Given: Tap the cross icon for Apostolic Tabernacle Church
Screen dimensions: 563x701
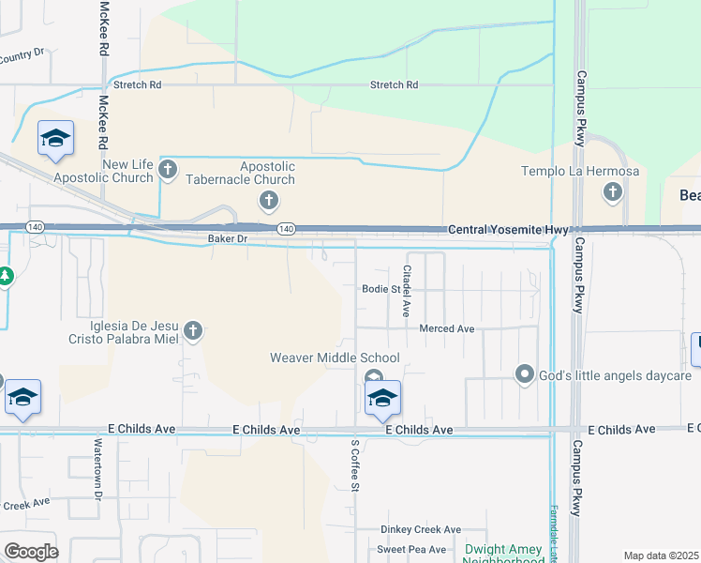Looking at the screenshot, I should [x=268, y=200].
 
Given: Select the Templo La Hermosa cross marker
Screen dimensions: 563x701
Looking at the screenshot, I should [x=613, y=193].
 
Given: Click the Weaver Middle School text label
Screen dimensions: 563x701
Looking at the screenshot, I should [x=335, y=358].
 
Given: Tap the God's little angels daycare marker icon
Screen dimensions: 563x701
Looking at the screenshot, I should [x=525, y=375].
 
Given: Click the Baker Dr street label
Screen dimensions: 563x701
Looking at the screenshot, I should [x=227, y=239].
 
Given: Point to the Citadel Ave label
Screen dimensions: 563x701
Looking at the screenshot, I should [x=407, y=290].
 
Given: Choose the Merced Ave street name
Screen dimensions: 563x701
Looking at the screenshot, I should [x=447, y=328].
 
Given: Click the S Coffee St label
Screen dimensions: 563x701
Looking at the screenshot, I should [x=355, y=464].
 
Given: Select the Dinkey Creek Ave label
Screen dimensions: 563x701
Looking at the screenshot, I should [x=421, y=529].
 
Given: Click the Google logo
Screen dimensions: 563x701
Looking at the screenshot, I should [x=31, y=551].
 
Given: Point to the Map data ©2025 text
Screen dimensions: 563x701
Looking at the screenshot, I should [x=661, y=555].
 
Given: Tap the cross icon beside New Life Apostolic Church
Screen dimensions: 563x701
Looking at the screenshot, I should [x=168, y=170].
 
